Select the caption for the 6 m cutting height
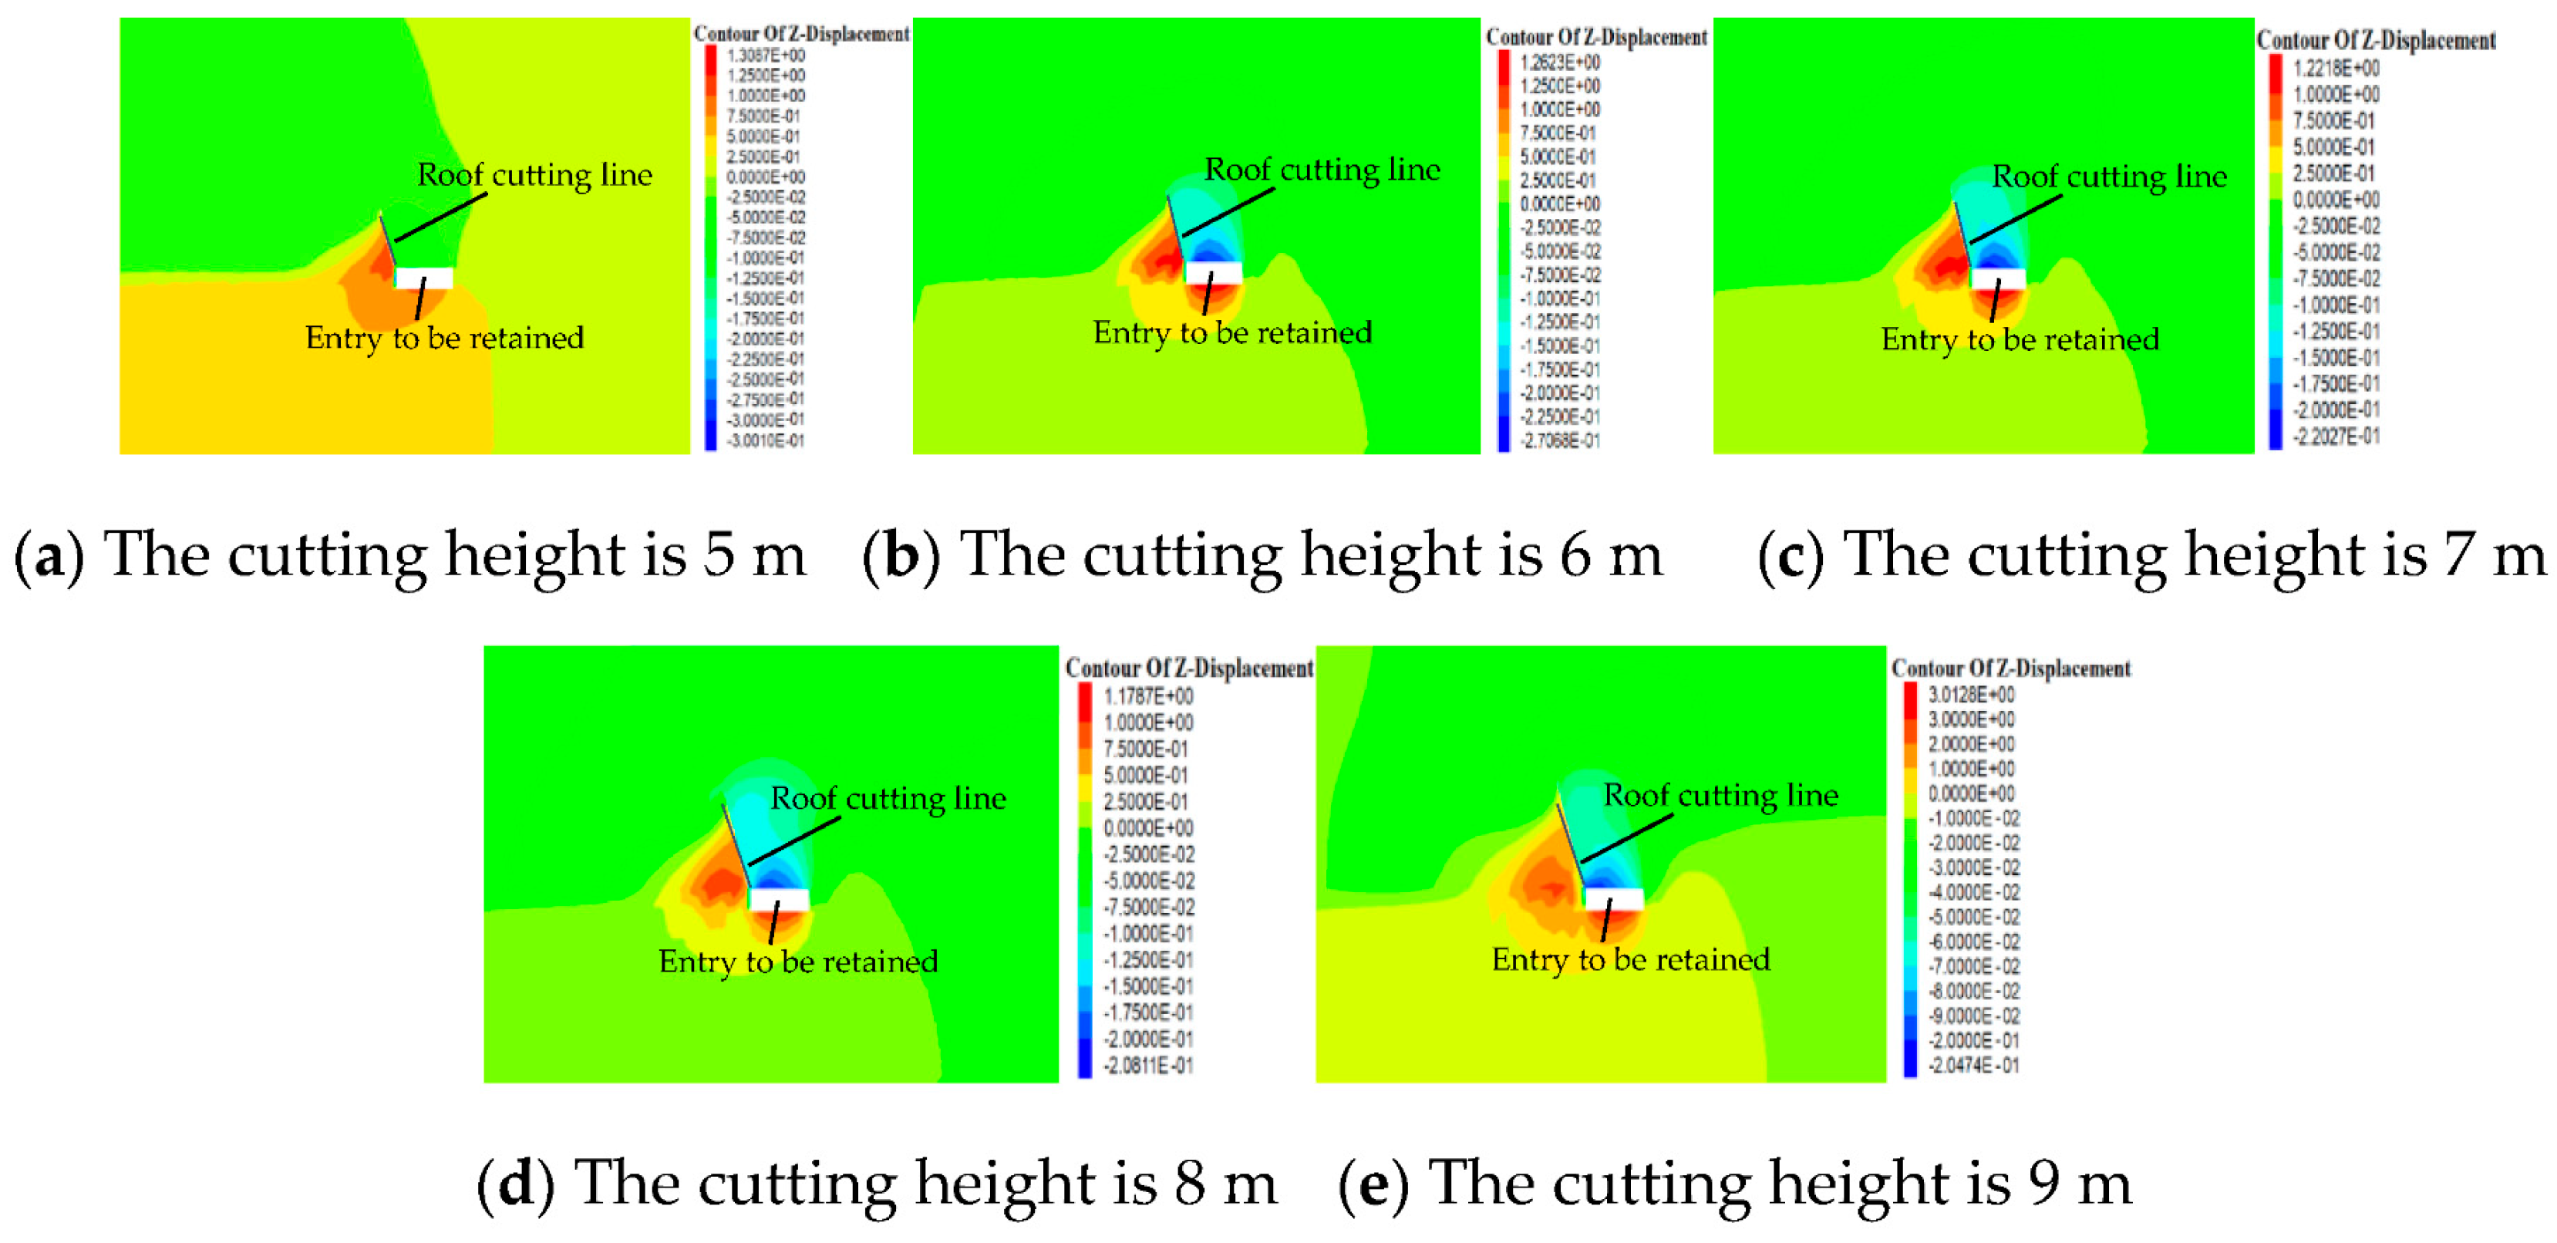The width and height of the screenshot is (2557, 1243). point(1262,554)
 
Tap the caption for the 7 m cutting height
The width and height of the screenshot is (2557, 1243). point(2151,554)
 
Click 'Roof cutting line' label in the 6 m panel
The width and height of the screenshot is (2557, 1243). point(1322,170)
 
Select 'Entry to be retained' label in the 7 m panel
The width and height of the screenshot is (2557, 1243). point(2020,339)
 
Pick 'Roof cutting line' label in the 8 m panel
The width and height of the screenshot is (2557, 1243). point(888,798)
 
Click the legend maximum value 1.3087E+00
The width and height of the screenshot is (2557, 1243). point(765,56)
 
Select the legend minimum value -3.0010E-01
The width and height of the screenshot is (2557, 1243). point(764,440)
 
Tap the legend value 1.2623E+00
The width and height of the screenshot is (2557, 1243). point(1559,62)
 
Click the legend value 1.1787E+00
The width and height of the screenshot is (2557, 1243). point(1147,696)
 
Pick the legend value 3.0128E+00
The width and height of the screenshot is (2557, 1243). point(1972,694)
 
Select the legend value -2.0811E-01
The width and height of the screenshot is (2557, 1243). point(1147,1066)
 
